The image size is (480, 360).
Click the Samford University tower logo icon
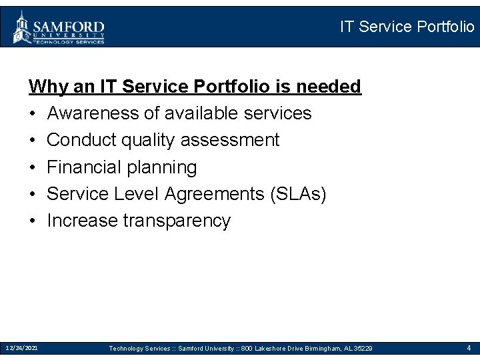coord(22,27)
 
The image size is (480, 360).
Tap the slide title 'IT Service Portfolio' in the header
coord(407,27)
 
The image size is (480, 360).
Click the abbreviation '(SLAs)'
coord(299,193)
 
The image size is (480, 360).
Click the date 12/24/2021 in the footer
coord(21,348)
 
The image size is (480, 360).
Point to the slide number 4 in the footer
coord(469,348)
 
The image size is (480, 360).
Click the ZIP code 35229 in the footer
coord(364,349)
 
